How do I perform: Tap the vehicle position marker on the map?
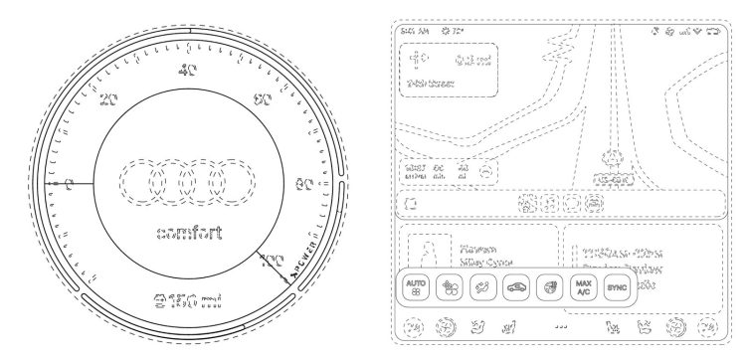[613, 157]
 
